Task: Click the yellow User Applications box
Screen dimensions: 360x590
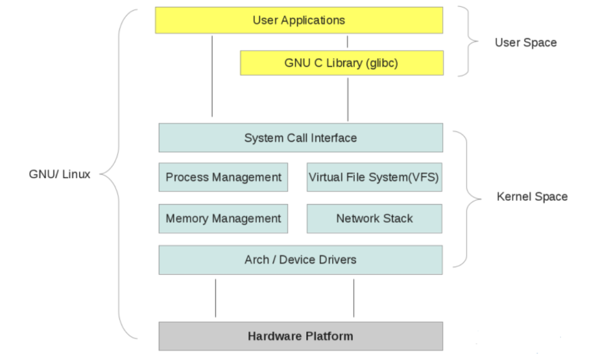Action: click(x=299, y=21)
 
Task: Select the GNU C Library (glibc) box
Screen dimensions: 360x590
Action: click(x=342, y=63)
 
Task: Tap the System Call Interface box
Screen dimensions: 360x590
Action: click(x=300, y=138)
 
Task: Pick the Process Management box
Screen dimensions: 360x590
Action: click(x=223, y=177)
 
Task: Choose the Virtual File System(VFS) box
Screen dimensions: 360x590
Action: click(x=374, y=177)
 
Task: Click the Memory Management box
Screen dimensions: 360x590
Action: click(x=223, y=219)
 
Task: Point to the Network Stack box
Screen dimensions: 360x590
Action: click(x=374, y=219)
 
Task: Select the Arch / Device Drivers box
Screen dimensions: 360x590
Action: click(x=300, y=260)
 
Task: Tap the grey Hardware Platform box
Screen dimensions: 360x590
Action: click(x=300, y=336)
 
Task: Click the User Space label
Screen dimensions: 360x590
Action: click(x=525, y=43)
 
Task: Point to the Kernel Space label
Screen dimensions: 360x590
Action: click(x=532, y=196)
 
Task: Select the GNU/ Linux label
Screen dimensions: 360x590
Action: click(x=60, y=175)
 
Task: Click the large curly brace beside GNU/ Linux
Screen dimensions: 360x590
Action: click(x=120, y=175)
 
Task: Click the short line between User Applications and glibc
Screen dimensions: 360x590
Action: click(x=347, y=42)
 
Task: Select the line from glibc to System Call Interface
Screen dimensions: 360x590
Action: click(x=347, y=98)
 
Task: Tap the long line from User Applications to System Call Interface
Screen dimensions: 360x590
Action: click(x=212, y=76)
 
